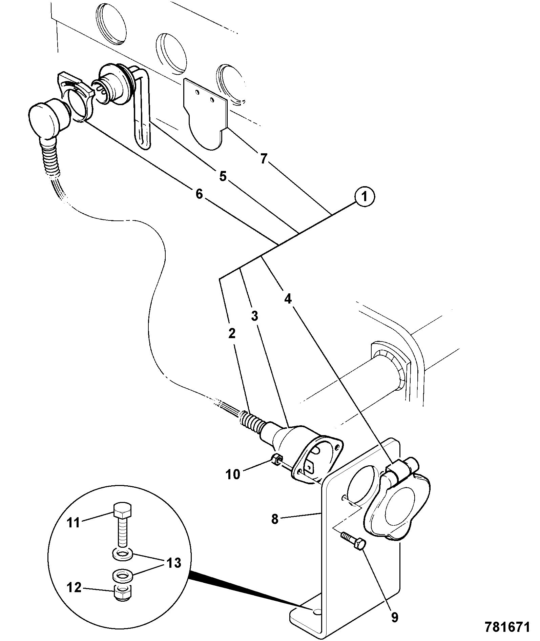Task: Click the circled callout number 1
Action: pos(364,197)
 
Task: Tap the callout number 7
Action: pos(264,158)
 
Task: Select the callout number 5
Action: pos(223,176)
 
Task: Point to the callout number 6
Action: pos(199,194)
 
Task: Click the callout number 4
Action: pos(288,299)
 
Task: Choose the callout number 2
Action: pos(232,334)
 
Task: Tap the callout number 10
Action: pos(233,474)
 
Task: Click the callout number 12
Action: pos(74,587)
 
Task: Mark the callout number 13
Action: pos(173,563)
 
